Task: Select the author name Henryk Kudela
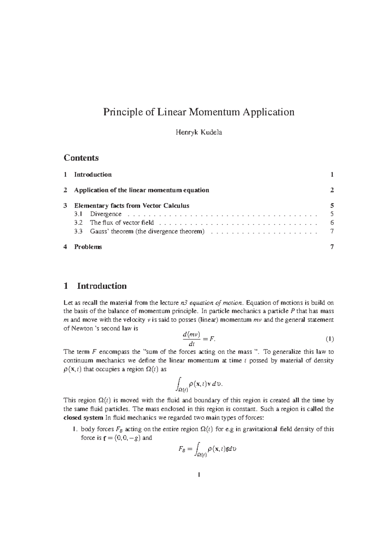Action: (198, 132)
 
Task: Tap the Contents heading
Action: (81, 158)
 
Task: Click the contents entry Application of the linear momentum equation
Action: (141, 190)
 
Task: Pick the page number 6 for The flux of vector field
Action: (332, 223)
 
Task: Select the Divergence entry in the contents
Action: (106, 214)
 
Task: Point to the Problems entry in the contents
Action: (88, 247)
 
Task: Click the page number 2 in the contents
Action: (332, 190)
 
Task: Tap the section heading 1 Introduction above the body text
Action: (95, 286)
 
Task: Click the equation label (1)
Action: (329, 339)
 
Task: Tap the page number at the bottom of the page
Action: (199, 475)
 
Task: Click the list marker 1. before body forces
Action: (75, 429)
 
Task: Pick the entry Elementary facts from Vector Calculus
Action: (132, 206)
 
